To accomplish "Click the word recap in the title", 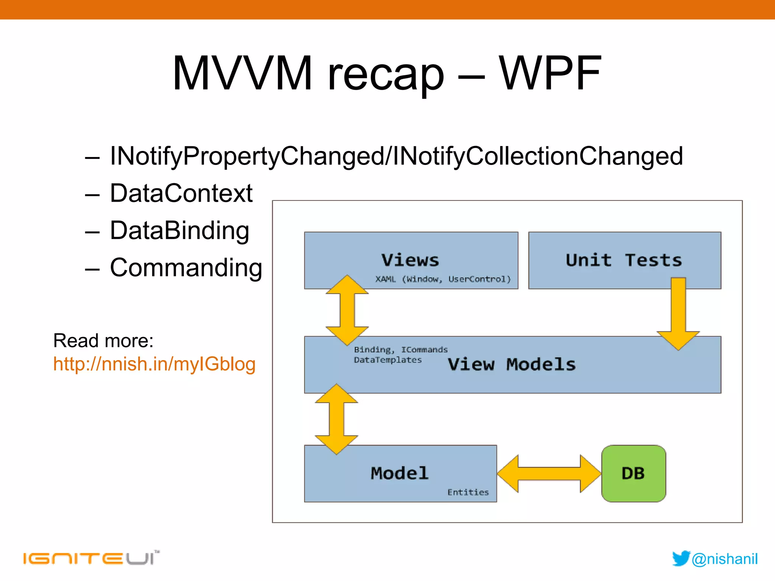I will tap(386, 76).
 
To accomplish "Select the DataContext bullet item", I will tap(181, 193).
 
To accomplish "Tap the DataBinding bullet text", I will tap(179, 230).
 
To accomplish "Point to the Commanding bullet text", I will tap(186, 267).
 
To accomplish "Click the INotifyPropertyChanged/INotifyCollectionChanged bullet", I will tap(396, 156).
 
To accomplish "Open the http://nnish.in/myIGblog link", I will tap(154, 364).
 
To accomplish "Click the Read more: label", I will tap(103, 340).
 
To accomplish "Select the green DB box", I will tap(633, 473).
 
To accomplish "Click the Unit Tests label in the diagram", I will tap(624, 260).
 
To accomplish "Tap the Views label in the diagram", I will tap(410, 260).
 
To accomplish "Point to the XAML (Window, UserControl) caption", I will tap(443, 279).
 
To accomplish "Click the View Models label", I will tap(511, 364).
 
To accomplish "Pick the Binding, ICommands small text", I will tap(400, 350).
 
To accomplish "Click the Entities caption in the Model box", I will tap(468, 492).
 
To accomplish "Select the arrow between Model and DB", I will tap(549, 474).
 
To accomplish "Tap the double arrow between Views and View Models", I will tap(347, 310).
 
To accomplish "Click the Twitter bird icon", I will tap(681, 558).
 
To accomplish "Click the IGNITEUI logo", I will tap(91, 558).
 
